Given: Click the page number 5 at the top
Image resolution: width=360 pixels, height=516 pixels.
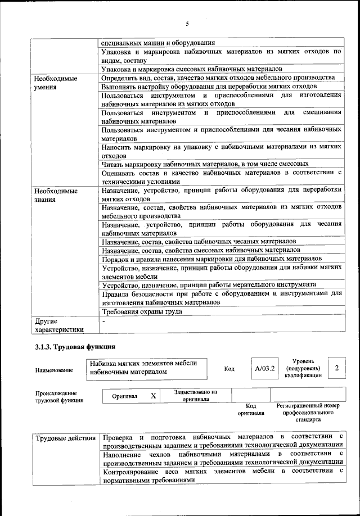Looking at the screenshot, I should click(187, 24).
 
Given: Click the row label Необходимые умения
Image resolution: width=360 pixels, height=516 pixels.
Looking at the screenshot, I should click(55, 83).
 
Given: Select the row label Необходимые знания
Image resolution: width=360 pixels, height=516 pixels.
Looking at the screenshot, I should click(55, 194).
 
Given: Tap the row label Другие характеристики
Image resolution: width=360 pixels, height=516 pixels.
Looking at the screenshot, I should click(58, 325).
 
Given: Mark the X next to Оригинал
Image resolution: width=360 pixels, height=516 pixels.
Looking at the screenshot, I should click(153, 396).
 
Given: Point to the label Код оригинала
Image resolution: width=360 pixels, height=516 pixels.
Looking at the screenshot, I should click(251, 409).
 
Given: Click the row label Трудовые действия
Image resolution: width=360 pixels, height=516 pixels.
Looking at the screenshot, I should click(65, 438).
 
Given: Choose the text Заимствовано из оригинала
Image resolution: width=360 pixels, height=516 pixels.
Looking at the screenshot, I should click(195, 395).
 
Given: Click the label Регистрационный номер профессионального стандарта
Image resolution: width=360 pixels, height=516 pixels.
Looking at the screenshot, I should click(308, 412).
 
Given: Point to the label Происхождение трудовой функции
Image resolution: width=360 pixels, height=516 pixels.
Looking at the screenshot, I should click(56, 396).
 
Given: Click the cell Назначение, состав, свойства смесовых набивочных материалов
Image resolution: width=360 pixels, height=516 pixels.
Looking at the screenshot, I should click(201, 250).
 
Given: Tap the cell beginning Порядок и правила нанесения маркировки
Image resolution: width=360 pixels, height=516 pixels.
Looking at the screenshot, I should click(207, 259).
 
